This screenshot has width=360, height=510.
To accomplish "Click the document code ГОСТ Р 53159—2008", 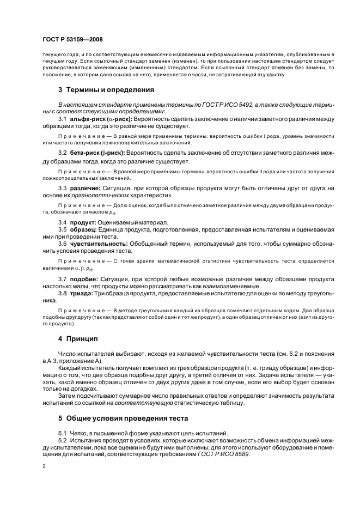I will pos(73,39).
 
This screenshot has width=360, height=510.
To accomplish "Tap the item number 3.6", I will pos(63,236).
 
